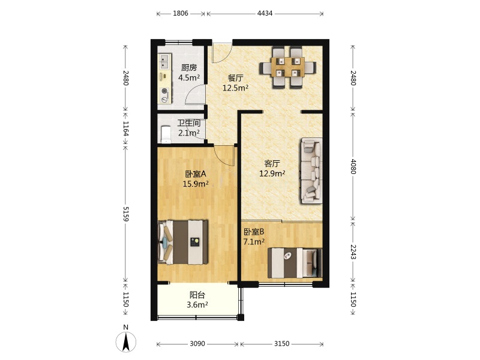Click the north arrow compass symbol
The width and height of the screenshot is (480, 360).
126,341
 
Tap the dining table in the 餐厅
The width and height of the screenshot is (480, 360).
288,67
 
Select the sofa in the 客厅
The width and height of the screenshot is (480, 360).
311,171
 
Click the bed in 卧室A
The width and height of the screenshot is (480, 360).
183,242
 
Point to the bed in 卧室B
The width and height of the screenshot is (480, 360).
295,263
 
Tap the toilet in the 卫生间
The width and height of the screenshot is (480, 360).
166,134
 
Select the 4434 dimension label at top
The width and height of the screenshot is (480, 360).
265,13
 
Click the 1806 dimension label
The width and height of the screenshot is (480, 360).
181,13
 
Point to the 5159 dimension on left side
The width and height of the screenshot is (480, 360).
126,214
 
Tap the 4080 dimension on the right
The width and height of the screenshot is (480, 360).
353,167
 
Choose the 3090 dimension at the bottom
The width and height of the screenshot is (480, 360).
197,344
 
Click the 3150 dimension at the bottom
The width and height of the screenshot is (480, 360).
281,344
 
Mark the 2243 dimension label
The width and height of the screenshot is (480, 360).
353,251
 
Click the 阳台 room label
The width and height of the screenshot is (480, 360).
197,295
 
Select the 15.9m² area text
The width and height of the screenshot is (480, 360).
196,184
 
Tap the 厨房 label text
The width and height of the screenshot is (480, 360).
189,68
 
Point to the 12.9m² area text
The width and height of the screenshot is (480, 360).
272,173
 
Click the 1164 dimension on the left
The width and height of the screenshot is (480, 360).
126,128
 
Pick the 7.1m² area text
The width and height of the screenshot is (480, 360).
254,242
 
